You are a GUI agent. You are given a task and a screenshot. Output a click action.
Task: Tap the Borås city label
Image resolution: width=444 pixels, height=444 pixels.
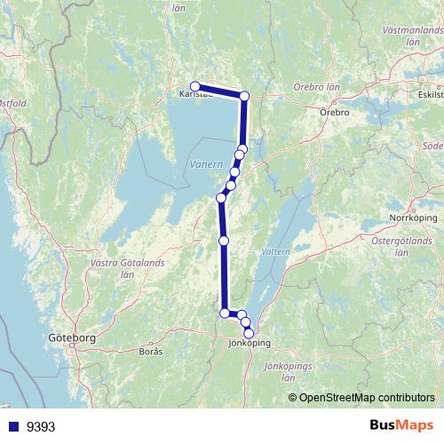coord(152,352)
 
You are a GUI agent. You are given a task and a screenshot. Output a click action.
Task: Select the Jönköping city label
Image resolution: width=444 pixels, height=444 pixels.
coord(249,343)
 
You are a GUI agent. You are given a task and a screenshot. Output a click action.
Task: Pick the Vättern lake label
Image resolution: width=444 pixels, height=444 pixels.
coord(277,252)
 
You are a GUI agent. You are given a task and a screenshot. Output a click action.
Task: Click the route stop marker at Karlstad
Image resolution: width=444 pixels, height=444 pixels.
coord(195,86)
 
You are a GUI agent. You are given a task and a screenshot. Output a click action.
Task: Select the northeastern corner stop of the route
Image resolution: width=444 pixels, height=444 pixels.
coord(245,96)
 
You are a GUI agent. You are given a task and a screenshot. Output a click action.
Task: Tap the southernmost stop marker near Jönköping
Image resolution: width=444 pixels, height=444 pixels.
coord(249,333)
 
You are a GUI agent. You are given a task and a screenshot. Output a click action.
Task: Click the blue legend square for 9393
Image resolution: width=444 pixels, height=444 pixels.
coord(12,426)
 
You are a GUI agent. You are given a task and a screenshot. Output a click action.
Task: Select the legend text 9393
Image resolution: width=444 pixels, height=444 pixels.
coord(41,426)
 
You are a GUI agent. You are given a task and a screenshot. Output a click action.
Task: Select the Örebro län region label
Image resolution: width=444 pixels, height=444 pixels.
coord(316,89)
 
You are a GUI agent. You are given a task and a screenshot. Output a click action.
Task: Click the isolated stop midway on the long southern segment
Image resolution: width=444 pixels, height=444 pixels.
coord(224,241)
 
